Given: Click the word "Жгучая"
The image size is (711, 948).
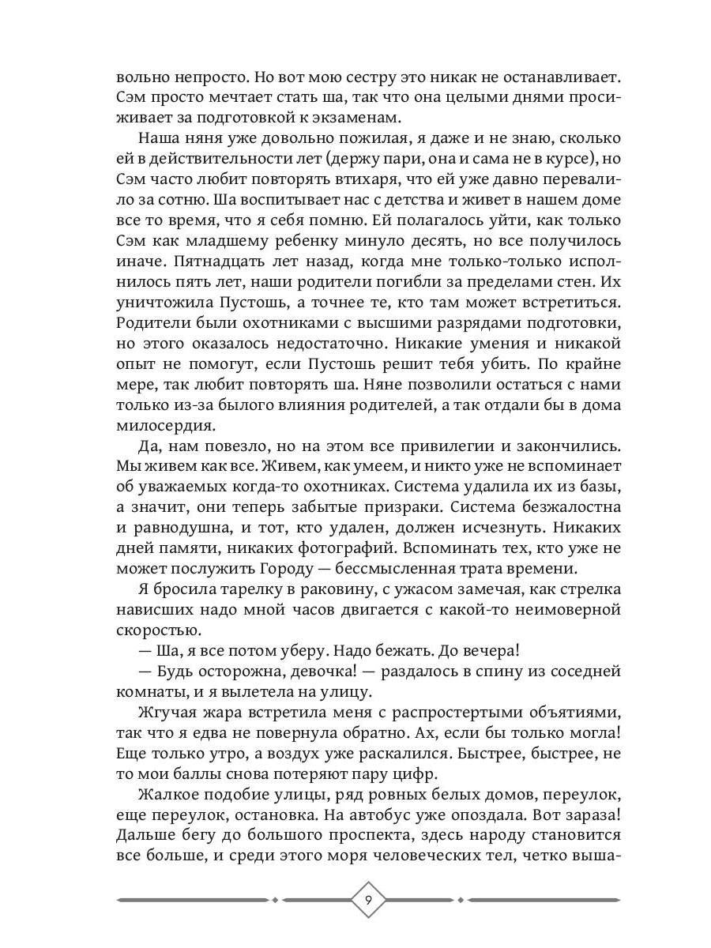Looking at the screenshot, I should [x=167, y=713].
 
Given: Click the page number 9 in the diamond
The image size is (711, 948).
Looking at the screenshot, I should [x=369, y=900].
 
